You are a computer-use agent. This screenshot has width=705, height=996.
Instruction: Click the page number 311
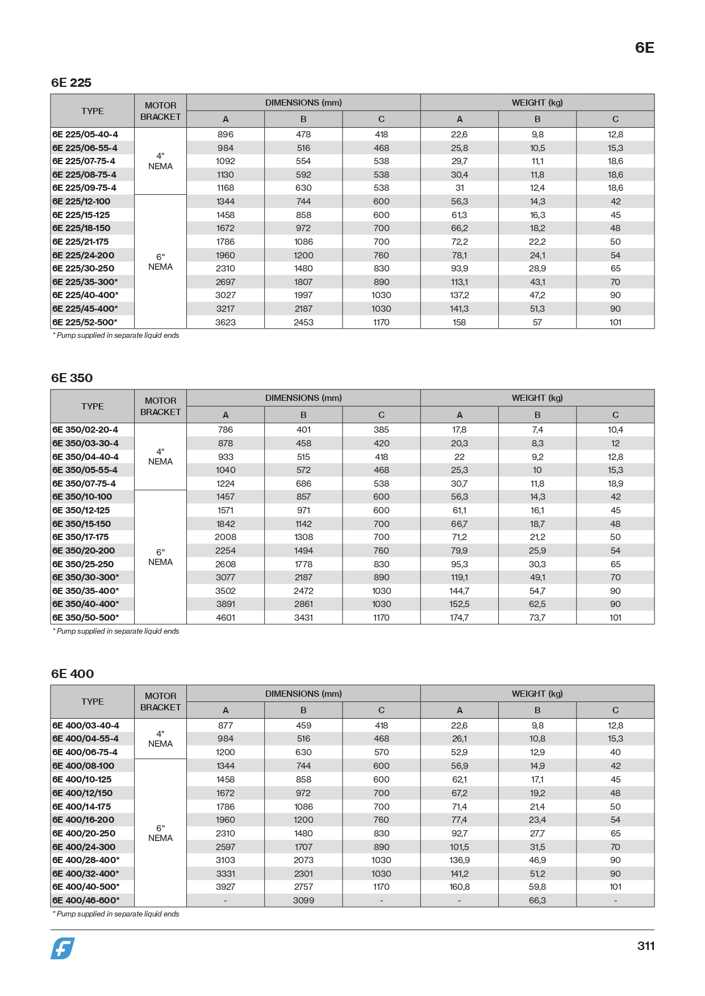click(645, 946)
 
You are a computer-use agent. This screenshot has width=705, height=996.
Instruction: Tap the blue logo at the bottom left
click(62, 948)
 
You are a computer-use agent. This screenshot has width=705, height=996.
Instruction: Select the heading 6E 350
click(72, 378)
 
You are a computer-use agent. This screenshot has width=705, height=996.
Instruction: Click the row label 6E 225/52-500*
click(85, 323)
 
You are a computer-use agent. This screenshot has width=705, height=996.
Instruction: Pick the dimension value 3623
click(226, 323)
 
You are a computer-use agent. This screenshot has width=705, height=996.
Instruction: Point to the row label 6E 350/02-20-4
click(85, 430)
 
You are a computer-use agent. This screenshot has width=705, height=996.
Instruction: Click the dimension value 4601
click(226, 618)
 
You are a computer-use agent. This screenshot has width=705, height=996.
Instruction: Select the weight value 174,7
click(459, 618)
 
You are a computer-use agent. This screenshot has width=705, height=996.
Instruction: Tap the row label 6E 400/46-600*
click(86, 901)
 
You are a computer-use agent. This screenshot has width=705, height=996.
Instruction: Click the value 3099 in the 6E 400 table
click(303, 901)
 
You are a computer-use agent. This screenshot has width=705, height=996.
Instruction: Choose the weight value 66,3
click(537, 901)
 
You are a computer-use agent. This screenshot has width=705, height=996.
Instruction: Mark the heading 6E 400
click(72, 674)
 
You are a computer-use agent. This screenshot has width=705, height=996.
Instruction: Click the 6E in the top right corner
click(644, 48)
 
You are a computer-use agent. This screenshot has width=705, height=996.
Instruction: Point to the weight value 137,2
click(459, 295)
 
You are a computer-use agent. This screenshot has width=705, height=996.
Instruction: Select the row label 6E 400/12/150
click(82, 793)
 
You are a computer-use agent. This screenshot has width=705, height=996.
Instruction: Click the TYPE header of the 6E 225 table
click(93, 111)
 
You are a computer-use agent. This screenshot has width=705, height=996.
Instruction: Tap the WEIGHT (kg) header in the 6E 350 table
click(537, 398)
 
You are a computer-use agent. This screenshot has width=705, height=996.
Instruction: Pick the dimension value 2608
click(226, 564)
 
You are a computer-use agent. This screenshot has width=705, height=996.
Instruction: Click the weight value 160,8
click(459, 887)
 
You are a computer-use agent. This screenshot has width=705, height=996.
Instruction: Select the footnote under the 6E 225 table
click(116, 336)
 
